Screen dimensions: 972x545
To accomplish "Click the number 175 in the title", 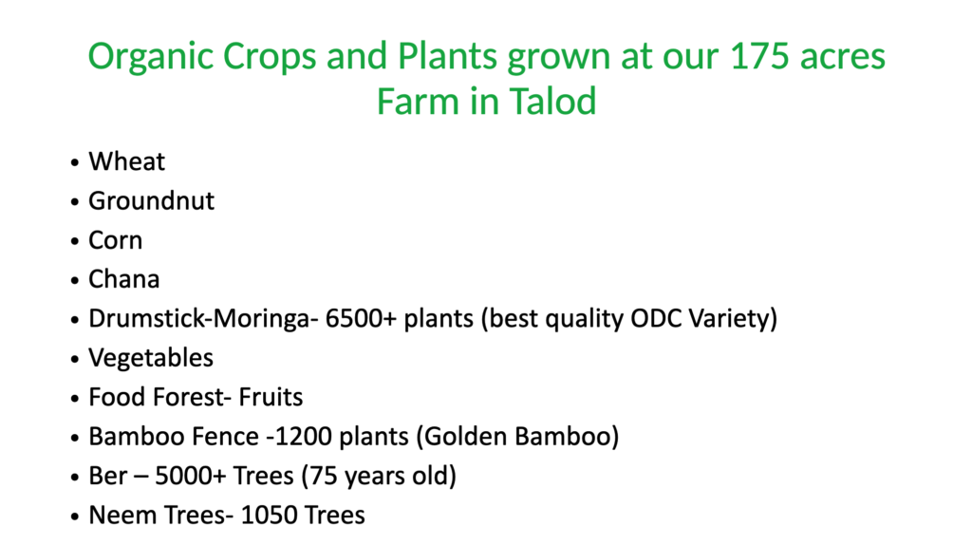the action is pos(759,56).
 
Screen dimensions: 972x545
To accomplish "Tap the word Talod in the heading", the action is pos(552,102).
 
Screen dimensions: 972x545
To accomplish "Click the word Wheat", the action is pos(126,161).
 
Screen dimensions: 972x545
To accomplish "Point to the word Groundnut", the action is pos(151,201).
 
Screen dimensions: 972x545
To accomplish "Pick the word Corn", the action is pos(115,240).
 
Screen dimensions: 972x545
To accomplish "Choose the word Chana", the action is pos(124,280).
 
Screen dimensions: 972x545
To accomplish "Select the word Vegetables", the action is pos(151,358).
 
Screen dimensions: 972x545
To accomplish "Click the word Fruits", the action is pos(271,398).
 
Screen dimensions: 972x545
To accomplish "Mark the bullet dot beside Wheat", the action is pos(75,162).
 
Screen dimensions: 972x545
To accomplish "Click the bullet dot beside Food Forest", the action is pos(75,398).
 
